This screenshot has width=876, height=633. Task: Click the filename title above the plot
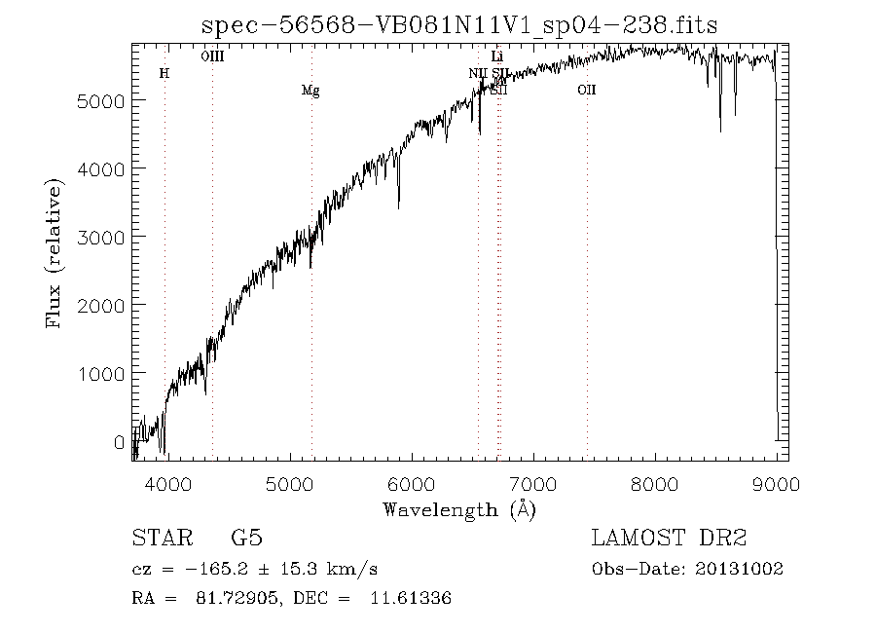[x=459, y=25]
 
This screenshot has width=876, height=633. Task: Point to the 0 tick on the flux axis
[x=119, y=442]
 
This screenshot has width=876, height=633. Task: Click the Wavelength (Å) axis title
[x=459, y=508]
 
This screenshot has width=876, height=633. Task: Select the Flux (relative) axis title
[x=54, y=252]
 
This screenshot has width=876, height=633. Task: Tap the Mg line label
[x=310, y=91]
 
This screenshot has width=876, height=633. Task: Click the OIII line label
[x=212, y=56]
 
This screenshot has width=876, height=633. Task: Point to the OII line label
[x=586, y=91]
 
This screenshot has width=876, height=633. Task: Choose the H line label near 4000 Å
[x=164, y=73]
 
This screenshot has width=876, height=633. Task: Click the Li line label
[x=497, y=56]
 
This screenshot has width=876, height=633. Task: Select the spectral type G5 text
[x=245, y=538]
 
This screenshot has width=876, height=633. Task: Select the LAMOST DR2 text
[x=669, y=538]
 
